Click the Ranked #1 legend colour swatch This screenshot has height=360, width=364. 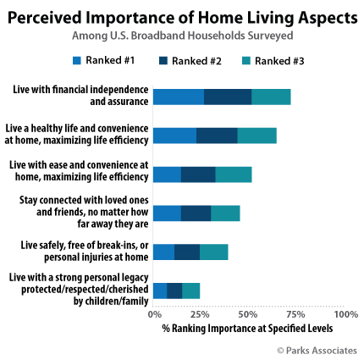pyautogui.click(x=77, y=60)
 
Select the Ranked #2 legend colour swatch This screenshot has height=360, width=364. pyautogui.click(x=163, y=61)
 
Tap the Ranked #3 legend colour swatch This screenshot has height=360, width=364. pyautogui.click(x=246, y=61)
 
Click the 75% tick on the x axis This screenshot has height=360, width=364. pyautogui.click(x=295, y=314)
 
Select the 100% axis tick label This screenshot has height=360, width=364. pyautogui.click(x=346, y=314)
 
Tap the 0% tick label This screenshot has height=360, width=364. pyautogui.click(x=155, y=314)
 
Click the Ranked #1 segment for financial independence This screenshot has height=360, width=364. pyautogui.click(x=179, y=97)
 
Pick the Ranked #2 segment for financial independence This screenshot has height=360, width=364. pyautogui.click(x=228, y=97)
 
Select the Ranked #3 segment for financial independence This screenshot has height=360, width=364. pyautogui.click(x=271, y=97)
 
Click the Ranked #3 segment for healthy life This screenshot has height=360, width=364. pyautogui.click(x=257, y=136)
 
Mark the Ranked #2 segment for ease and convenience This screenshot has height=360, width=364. pyautogui.click(x=198, y=174)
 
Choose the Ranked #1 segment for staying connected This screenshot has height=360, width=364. pyautogui.click(x=168, y=213)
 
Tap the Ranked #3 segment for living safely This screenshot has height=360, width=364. pyautogui.click(x=214, y=252)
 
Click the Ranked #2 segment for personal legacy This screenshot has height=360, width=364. pyautogui.click(x=174, y=291)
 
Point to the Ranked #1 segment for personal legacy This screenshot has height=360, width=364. pyautogui.click(x=160, y=291)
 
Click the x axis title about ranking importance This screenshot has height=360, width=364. pyautogui.click(x=247, y=329)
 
